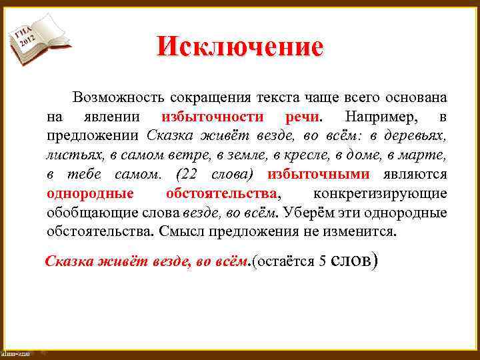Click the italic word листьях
click(x=70, y=155)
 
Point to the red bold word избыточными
click(x=319, y=175)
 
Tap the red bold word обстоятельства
click(x=221, y=194)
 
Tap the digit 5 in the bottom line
click(x=322, y=261)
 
